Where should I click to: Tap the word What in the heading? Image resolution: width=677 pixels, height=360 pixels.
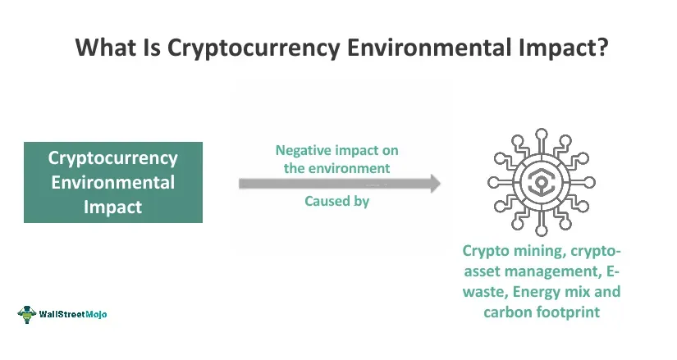click(x=105, y=47)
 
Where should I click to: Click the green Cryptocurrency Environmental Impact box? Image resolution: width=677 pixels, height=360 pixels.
click(x=113, y=182)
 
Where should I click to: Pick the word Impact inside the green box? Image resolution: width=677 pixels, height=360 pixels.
click(x=113, y=207)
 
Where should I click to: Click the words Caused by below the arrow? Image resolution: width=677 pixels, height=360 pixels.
click(x=336, y=201)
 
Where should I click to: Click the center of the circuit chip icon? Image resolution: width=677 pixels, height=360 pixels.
click(x=540, y=182)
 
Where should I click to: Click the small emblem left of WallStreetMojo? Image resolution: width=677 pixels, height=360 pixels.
click(x=28, y=314)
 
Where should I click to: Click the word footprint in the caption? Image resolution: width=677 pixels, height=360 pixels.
click(x=572, y=312)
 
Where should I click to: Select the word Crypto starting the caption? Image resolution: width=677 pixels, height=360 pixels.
click(x=486, y=251)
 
